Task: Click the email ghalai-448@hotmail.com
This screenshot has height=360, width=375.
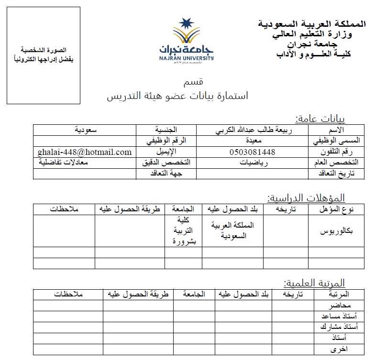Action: coord(84,152)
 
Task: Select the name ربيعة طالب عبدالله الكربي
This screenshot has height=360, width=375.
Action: coord(253,130)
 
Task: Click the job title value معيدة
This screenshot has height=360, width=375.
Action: coord(253,141)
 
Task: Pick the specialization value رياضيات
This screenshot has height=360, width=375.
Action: coord(253,163)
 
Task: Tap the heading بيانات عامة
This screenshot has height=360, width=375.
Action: coord(320,119)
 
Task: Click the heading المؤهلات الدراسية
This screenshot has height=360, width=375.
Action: coord(306,197)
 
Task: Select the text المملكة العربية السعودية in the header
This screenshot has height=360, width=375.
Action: coord(312,23)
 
